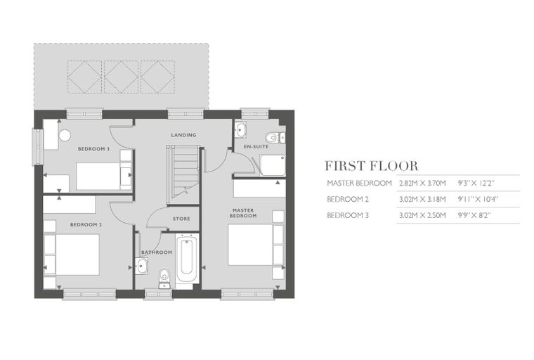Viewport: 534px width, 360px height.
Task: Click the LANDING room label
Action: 183,135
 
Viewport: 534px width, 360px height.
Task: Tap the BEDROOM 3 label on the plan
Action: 93,149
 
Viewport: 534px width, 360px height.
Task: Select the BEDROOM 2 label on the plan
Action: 86,225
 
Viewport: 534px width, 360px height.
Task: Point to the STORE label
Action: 181,219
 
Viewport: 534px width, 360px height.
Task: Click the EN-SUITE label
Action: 256,146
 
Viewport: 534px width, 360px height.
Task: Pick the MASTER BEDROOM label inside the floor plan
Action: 243,213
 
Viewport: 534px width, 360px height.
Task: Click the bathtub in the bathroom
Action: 187,258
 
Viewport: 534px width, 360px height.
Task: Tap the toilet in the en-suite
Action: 275,138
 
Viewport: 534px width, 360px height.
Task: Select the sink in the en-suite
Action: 240,129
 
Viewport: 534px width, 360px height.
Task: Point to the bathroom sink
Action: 141,266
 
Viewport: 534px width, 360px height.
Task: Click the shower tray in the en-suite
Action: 273,165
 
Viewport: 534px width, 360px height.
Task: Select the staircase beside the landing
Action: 183,175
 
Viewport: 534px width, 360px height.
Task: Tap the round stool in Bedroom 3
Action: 65,135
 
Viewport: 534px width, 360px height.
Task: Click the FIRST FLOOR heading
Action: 371,166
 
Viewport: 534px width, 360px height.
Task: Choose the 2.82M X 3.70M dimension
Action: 422,184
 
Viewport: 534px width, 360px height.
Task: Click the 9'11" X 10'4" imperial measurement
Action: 478,199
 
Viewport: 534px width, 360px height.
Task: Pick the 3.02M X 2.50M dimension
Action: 422,215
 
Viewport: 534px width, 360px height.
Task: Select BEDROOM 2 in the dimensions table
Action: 348,199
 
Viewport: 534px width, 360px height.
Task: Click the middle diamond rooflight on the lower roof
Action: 121,77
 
